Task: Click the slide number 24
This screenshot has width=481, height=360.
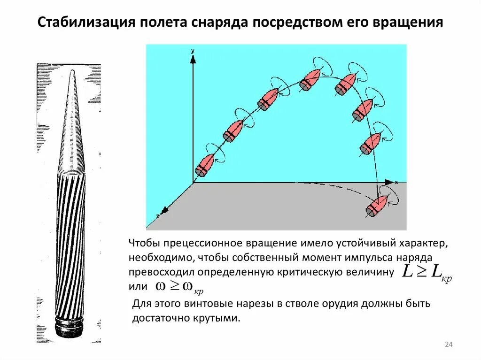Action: [449, 345]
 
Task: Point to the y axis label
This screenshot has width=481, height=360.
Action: [193, 50]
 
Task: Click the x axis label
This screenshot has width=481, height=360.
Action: [397, 181]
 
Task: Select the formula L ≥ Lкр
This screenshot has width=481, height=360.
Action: [427, 274]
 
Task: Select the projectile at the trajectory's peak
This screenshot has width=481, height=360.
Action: [310, 79]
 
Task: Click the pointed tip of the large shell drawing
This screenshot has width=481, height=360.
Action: [72, 72]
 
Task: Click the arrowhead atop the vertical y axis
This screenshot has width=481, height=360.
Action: [193, 58]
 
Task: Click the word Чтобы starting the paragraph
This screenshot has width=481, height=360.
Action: [142, 243]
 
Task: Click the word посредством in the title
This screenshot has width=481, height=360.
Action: [295, 22]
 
